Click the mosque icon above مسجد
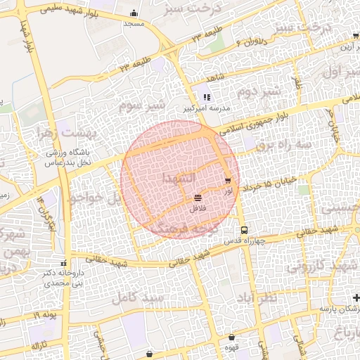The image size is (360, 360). (134, 13)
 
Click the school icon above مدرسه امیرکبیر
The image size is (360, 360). (207, 98)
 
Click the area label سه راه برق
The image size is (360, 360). (283, 143)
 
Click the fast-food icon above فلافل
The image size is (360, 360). (197, 198)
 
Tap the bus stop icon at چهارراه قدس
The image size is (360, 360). (244, 230)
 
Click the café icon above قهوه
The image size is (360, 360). (231, 337)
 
